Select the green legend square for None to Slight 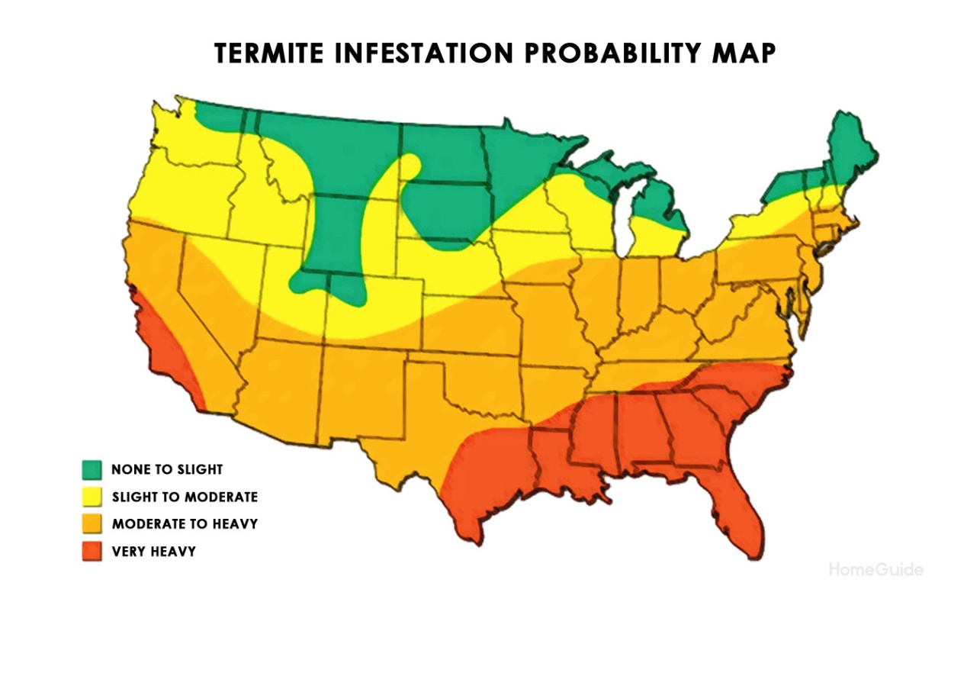[92, 469]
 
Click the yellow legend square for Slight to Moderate [92, 497]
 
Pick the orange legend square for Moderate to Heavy [92, 524]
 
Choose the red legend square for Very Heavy [92, 551]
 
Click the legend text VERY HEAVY [153, 552]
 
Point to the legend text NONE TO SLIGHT [167, 469]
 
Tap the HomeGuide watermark [875, 570]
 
